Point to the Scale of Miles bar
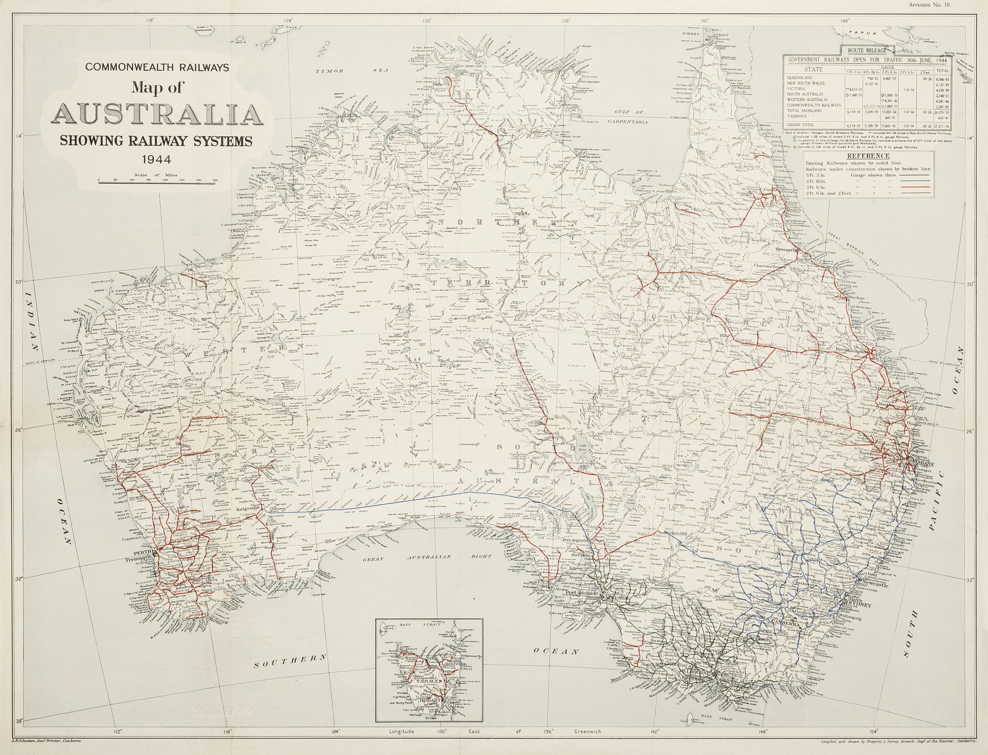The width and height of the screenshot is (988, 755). [x=157, y=182]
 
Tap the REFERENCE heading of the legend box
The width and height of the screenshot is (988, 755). [x=875, y=156]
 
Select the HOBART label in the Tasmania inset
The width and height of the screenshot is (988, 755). [x=433, y=700]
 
